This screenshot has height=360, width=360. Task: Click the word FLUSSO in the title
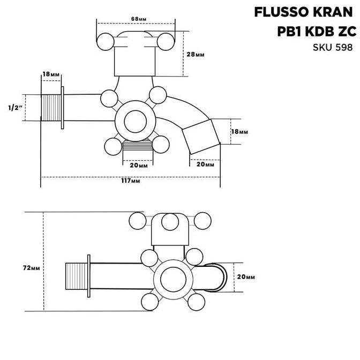tap(277, 12)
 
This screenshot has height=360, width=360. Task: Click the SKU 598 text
tap(332, 47)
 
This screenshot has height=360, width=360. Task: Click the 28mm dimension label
tap(196, 55)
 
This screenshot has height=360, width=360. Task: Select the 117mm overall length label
tap(131, 182)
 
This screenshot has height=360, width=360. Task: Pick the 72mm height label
tap(32, 267)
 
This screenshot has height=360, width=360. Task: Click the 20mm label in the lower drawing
tap(245, 277)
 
